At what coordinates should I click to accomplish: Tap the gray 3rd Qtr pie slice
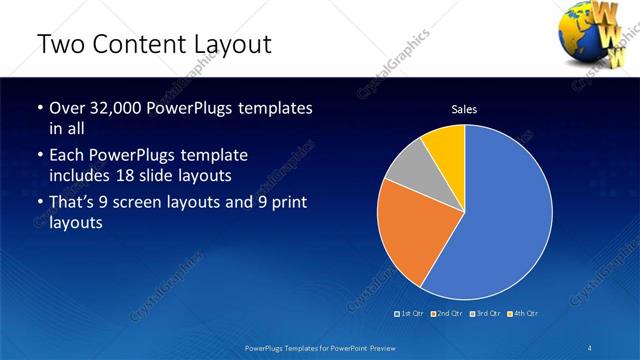[x=404, y=167]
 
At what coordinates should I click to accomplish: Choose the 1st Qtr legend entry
[x=410, y=313]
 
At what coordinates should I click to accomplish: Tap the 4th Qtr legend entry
[x=523, y=313]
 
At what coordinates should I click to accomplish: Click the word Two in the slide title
[x=58, y=44]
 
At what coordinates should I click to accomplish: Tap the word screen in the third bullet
[x=147, y=205]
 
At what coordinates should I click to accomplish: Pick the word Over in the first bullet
[x=66, y=108]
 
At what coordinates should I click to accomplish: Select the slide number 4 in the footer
[x=590, y=347]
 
